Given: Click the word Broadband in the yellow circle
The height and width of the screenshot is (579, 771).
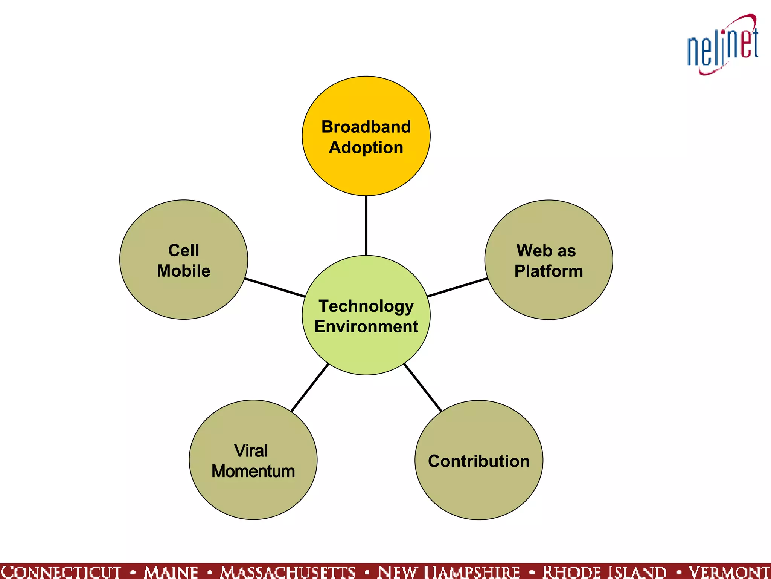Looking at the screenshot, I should click(366, 127).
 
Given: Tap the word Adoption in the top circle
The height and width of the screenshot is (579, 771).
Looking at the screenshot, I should click(366, 147).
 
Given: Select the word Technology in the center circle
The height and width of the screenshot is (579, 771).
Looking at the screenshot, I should click(366, 306).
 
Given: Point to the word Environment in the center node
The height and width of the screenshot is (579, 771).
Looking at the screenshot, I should click(366, 326).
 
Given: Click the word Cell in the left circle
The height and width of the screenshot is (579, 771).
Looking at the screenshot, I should click(184, 250).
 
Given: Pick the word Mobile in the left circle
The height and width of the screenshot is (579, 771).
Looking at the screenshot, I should click(184, 271).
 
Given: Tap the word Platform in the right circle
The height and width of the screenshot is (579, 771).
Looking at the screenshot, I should click(549, 271).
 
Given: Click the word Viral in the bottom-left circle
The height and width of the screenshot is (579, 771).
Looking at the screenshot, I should click(251, 451).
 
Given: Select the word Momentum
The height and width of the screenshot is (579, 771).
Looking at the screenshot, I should click(253, 471).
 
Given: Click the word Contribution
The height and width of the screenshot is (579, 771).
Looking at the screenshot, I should click(479, 461).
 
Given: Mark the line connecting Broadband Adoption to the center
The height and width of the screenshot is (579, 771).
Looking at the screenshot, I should click(366, 225).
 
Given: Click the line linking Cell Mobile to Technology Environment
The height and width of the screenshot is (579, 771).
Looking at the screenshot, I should click(275, 288).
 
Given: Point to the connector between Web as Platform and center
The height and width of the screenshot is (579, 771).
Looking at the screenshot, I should click(457, 288).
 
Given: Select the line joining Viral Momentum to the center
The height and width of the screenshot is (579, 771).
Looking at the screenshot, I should click(310, 388).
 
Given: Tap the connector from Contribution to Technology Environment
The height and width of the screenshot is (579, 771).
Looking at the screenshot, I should click(422, 388).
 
